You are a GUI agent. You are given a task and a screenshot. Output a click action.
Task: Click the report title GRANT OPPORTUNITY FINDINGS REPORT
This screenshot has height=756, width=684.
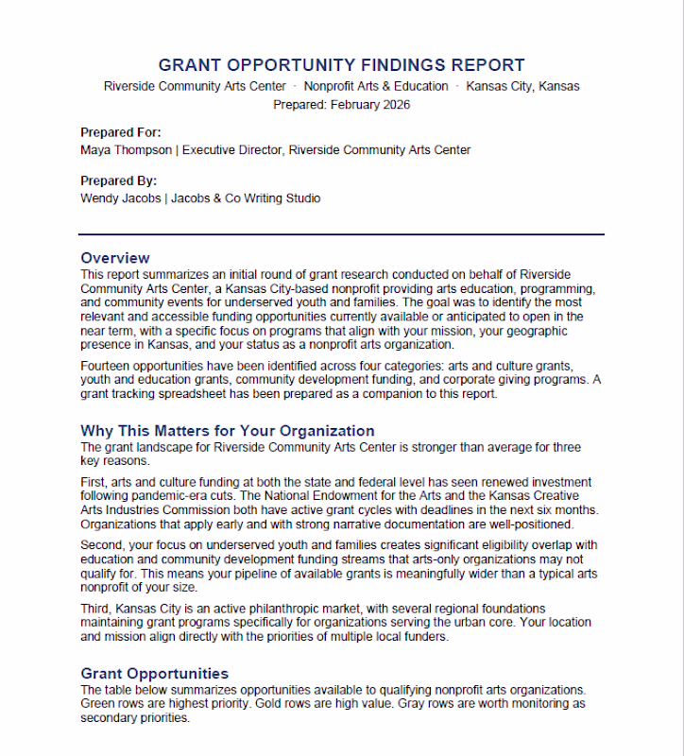341,65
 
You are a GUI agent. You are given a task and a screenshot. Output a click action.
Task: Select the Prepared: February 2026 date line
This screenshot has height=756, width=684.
341,105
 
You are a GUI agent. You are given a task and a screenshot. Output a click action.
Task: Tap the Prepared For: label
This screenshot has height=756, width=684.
121,132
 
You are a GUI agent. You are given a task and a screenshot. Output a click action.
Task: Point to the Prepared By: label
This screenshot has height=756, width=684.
119,180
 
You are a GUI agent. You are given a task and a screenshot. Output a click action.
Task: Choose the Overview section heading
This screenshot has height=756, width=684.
115,258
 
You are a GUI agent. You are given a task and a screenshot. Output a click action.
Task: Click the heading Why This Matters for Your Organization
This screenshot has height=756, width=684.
228,431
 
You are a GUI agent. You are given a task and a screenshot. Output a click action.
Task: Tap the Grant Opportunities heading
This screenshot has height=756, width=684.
155,674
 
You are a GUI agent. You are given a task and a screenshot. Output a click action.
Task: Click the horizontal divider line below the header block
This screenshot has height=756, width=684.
341,233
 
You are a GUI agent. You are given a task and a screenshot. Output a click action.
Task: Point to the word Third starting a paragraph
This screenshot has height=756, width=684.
96,609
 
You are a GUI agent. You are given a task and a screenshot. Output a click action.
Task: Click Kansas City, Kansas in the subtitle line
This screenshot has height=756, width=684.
523,86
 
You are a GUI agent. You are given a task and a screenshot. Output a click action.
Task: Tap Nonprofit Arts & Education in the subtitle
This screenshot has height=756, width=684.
376,86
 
